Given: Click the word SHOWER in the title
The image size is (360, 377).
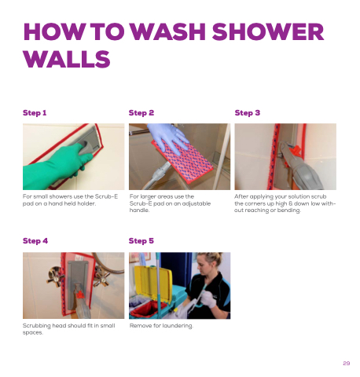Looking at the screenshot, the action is [x=268, y=32].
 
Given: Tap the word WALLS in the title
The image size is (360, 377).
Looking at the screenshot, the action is [x=67, y=59].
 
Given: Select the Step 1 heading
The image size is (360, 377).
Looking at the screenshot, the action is [x=35, y=113].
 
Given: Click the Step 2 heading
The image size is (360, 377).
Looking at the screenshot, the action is [x=141, y=113].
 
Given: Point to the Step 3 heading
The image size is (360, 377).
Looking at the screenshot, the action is [x=248, y=113].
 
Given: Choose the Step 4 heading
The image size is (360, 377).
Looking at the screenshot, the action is [x=35, y=241].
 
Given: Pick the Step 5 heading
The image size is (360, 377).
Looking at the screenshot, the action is [x=141, y=241].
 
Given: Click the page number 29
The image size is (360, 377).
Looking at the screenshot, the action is [x=347, y=363].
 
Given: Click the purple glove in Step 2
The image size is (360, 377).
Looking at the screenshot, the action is [x=167, y=136].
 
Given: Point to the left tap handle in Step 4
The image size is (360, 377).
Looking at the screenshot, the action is [x=56, y=275].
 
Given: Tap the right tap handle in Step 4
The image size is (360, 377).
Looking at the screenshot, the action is [x=101, y=275].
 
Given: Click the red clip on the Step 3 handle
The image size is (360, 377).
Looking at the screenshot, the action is [x=296, y=151].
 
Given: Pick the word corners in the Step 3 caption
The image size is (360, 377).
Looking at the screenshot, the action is [x=254, y=203].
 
